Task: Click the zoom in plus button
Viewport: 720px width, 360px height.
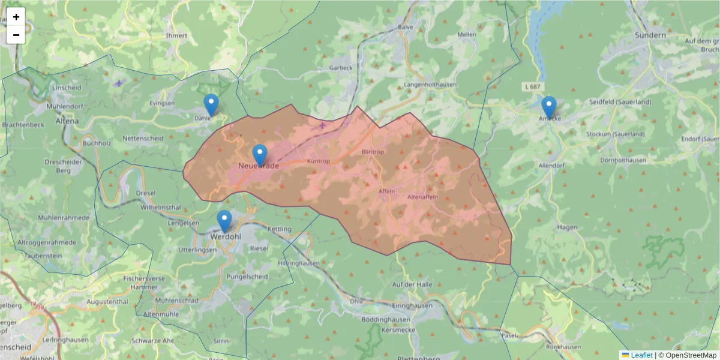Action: coord(16,17)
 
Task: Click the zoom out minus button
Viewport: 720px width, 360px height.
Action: coord(16,35)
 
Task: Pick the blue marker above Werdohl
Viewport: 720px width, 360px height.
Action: coord(224,221)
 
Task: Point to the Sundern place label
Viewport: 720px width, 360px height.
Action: coord(650,35)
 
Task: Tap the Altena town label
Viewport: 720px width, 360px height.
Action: coord(67,121)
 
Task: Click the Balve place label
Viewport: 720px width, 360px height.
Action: coord(406,27)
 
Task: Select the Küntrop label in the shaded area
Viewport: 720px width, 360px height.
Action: coord(319,161)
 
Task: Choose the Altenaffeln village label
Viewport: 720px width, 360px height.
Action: coord(422,197)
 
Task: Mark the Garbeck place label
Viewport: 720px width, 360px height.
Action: coord(341,68)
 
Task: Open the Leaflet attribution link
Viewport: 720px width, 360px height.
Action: coord(641,355)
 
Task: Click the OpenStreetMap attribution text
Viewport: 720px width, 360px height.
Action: coord(691,355)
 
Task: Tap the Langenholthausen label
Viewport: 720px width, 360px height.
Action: coord(430,85)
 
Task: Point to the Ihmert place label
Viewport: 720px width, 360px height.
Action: coord(176,36)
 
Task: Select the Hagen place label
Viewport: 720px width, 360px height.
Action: coord(567,227)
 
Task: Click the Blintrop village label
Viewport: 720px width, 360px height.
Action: coord(373,152)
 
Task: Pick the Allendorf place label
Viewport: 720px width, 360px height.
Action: coord(553,165)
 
